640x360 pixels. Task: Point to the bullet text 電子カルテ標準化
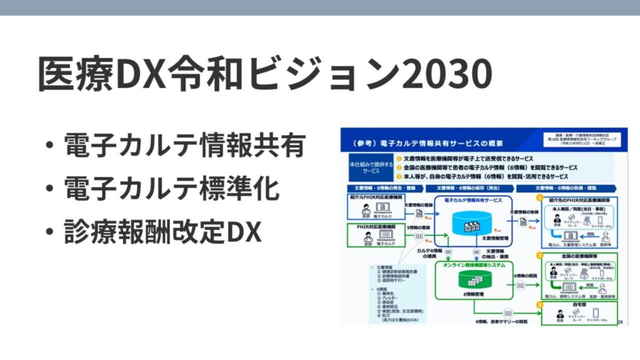(171, 189)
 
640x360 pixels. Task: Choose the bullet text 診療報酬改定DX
(161, 232)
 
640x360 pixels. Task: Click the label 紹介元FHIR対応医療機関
(374, 197)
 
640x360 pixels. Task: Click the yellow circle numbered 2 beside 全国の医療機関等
(538, 256)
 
